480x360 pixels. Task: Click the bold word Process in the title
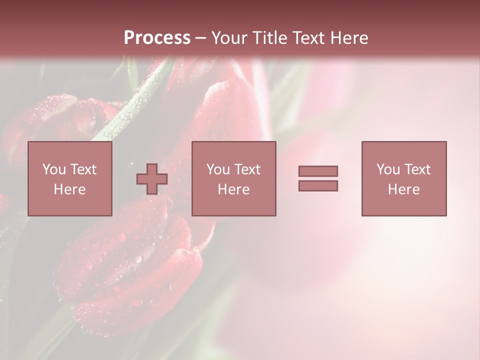click(157, 38)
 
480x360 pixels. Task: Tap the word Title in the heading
click(269, 38)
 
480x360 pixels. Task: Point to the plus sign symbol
click(152, 179)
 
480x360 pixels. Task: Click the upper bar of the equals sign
click(318, 171)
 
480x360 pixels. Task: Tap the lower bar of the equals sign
click(318, 186)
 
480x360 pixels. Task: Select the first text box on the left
click(70, 178)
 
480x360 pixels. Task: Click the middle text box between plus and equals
click(234, 178)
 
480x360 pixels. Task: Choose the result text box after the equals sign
click(404, 178)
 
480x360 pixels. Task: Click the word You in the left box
click(54, 169)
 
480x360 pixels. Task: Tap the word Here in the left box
click(70, 189)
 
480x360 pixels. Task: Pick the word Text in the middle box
click(247, 169)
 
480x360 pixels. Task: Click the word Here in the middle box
click(234, 189)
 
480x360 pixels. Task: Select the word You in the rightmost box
click(388, 169)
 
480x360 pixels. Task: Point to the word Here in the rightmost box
click(404, 189)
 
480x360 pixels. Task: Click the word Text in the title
click(307, 38)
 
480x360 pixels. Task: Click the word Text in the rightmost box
click(417, 169)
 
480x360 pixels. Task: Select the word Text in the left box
click(83, 169)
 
